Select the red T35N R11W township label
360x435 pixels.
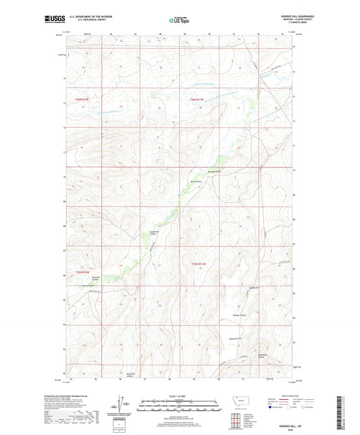195,263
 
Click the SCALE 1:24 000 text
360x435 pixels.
180,395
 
